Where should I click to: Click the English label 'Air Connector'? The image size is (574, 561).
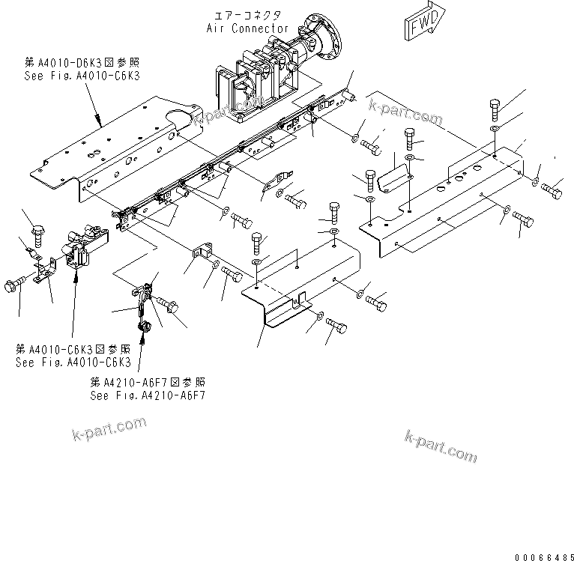click(247, 28)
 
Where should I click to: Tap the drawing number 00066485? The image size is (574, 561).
click(543, 555)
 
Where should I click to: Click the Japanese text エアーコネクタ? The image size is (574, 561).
click(247, 15)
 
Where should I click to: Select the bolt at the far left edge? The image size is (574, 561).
click(13, 285)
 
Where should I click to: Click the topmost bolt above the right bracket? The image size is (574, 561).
click(496, 110)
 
